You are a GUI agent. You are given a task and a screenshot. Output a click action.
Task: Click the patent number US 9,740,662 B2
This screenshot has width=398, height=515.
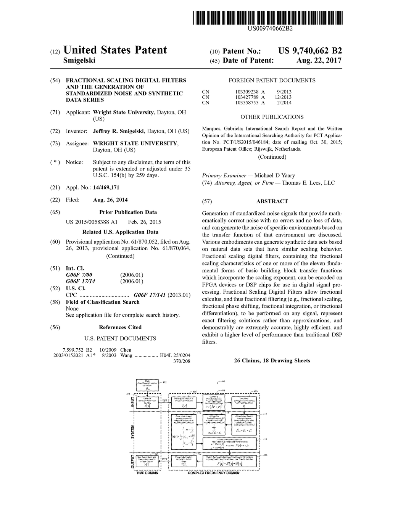pos(310,51)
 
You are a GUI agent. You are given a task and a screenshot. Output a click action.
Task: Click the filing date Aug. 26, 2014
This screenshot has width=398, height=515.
pos(110,200)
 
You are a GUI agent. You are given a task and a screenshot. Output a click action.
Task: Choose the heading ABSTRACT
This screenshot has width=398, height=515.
pos(272,201)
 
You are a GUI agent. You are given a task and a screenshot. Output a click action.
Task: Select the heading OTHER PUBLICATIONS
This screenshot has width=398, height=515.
pos(272,117)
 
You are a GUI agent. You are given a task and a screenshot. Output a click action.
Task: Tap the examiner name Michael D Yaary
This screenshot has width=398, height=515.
pos(274,175)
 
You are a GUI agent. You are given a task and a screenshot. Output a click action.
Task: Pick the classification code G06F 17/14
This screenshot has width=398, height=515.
pos(81,282)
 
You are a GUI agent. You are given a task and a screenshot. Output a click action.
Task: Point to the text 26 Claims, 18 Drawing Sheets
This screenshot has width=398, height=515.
pos(272,360)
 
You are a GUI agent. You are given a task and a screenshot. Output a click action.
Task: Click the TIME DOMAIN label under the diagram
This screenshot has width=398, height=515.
pos(147,473)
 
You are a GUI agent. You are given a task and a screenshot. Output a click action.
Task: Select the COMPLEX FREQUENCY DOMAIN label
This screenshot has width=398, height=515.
pos(214,473)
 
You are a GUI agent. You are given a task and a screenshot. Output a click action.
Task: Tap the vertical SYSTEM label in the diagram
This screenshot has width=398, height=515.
pos(133,431)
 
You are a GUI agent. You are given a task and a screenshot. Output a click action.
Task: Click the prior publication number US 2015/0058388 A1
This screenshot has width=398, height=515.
pos(92,222)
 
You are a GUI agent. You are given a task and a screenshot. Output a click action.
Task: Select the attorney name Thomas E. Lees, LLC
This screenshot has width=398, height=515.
pos(308,183)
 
